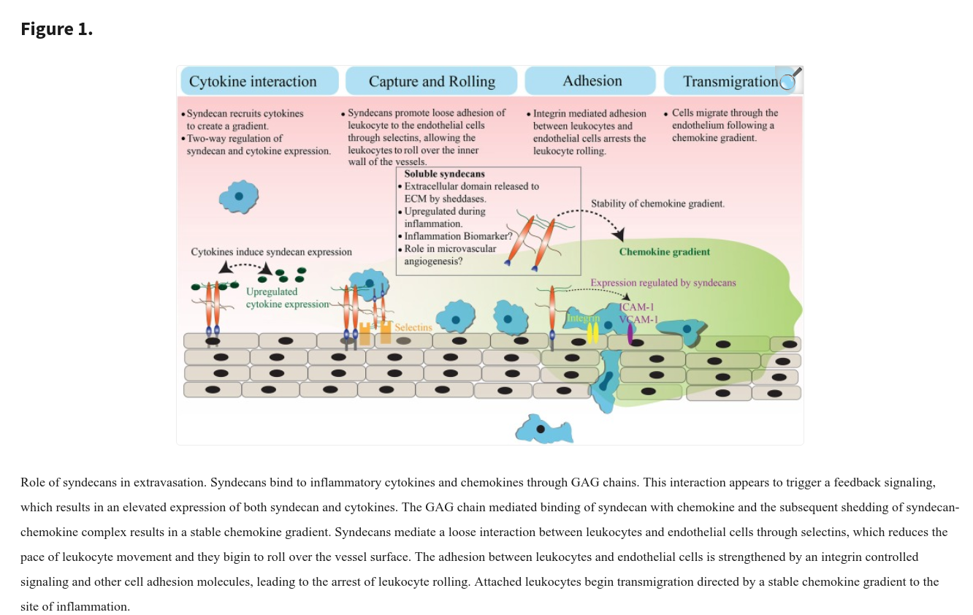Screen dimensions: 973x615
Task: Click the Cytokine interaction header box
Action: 259,81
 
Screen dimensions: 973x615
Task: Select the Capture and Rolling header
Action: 431,81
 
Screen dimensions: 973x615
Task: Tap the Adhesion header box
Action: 590,81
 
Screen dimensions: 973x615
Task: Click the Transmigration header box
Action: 730,81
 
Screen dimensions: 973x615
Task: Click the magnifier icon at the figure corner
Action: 790,79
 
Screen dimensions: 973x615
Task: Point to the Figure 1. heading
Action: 56,29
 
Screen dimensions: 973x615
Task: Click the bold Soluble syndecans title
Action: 444,174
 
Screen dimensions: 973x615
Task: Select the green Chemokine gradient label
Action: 664,252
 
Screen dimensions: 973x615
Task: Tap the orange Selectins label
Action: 413,327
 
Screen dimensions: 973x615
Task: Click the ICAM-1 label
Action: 636,307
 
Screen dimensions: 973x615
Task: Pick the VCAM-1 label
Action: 638,319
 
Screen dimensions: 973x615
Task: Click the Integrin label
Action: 583,318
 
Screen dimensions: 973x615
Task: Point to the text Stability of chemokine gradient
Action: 657,204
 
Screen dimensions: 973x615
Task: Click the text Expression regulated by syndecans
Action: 663,283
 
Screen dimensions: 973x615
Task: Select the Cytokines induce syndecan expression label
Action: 271,252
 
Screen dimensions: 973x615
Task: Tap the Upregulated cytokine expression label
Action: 287,298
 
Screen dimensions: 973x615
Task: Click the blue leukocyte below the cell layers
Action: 544,429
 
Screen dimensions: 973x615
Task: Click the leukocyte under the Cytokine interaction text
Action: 238,196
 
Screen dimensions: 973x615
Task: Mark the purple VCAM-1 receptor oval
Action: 630,334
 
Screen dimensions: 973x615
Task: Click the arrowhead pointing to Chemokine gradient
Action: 619,234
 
